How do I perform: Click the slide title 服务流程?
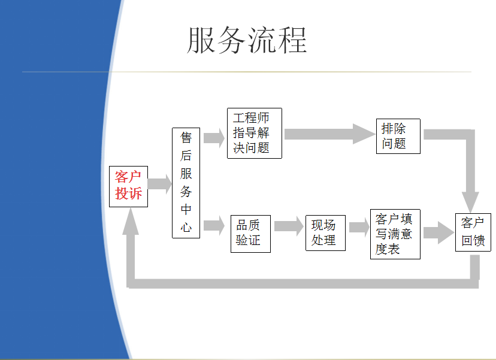pyautogui.click(x=247, y=40)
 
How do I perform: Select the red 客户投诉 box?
pyautogui.click(x=128, y=186)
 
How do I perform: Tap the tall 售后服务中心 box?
pyautogui.click(x=186, y=183)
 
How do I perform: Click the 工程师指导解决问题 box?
pyautogui.click(x=255, y=133)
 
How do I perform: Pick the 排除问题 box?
pyautogui.click(x=398, y=137)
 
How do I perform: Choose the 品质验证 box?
pyautogui.click(x=250, y=234)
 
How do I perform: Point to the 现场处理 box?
pyautogui.click(x=325, y=233)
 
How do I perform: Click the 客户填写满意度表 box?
pyautogui.click(x=395, y=234)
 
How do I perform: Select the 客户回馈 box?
pyautogui.click(x=473, y=232)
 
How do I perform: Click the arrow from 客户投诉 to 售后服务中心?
pyautogui.click(x=160, y=184)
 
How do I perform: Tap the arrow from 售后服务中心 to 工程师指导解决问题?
pyautogui.click(x=214, y=138)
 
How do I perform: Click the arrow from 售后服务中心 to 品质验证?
pyautogui.click(x=214, y=226)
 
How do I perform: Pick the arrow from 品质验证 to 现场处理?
pyautogui.click(x=289, y=226)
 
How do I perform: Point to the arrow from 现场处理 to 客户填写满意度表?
pyautogui.click(x=359, y=227)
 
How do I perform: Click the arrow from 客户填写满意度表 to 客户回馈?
pyautogui.click(x=438, y=232)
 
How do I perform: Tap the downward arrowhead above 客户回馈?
pyautogui.click(x=470, y=202)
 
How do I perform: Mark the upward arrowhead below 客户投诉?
pyautogui.click(x=131, y=222)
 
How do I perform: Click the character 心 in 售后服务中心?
pyautogui.click(x=186, y=227)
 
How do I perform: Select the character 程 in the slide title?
pyautogui.click(x=292, y=40)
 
